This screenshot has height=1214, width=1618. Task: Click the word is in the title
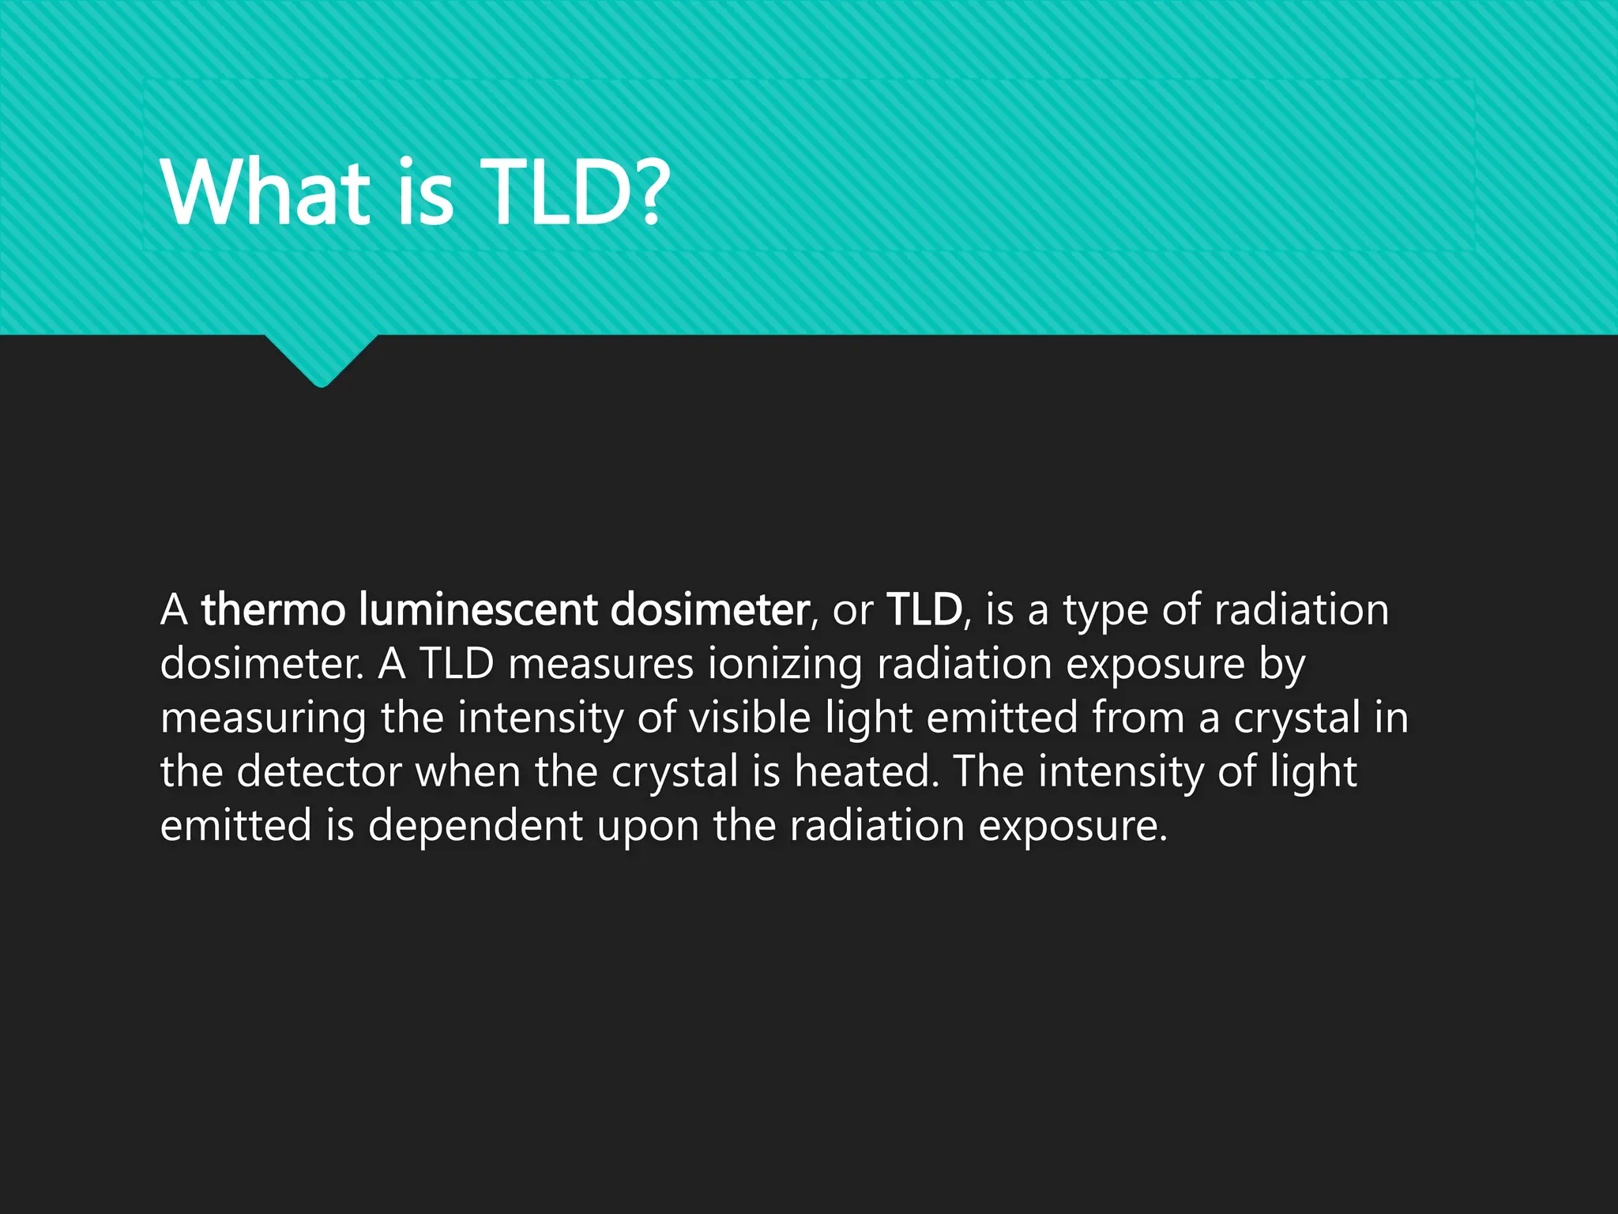[426, 192]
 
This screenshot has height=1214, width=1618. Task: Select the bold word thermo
[273, 610]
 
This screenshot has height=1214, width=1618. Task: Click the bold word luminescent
[477, 610]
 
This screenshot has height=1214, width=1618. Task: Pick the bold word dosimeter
[709, 610]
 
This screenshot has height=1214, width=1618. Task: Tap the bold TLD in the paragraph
[924, 610]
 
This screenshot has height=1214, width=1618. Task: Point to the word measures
[600, 664]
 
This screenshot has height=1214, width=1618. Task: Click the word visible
[750, 718]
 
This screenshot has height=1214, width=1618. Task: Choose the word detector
[319, 771]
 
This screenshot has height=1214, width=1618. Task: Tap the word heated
[866, 771]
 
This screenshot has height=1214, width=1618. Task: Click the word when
[468, 771]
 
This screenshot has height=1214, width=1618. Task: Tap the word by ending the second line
[1282, 665]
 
